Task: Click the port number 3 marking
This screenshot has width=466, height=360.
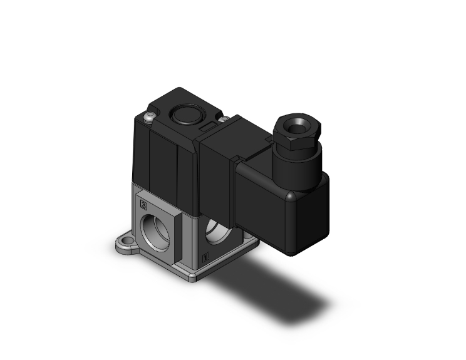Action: pyautogui.click(x=145, y=204)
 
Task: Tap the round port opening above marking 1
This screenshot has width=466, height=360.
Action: pyautogui.click(x=215, y=234)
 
